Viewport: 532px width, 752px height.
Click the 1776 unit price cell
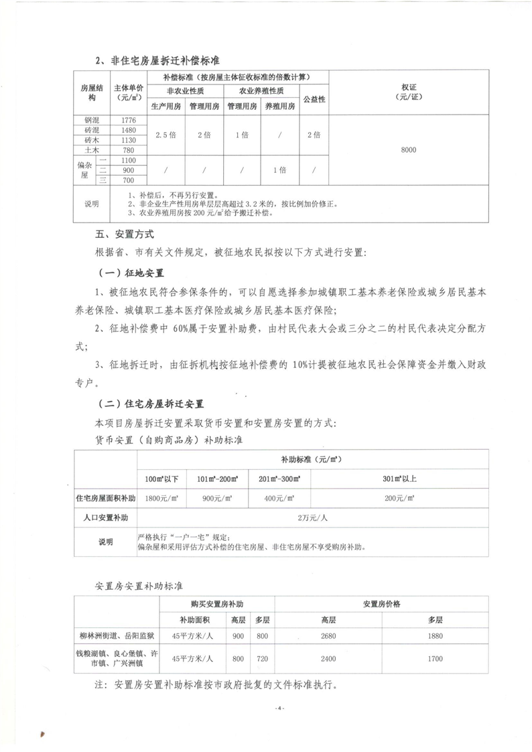point(129,120)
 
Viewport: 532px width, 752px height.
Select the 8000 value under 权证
point(409,150)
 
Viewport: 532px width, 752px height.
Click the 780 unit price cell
point(129,150)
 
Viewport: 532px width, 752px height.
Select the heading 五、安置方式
point(125,235)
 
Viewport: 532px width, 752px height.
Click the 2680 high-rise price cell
point(328,636)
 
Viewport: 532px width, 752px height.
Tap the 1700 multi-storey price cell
point(435,659)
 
